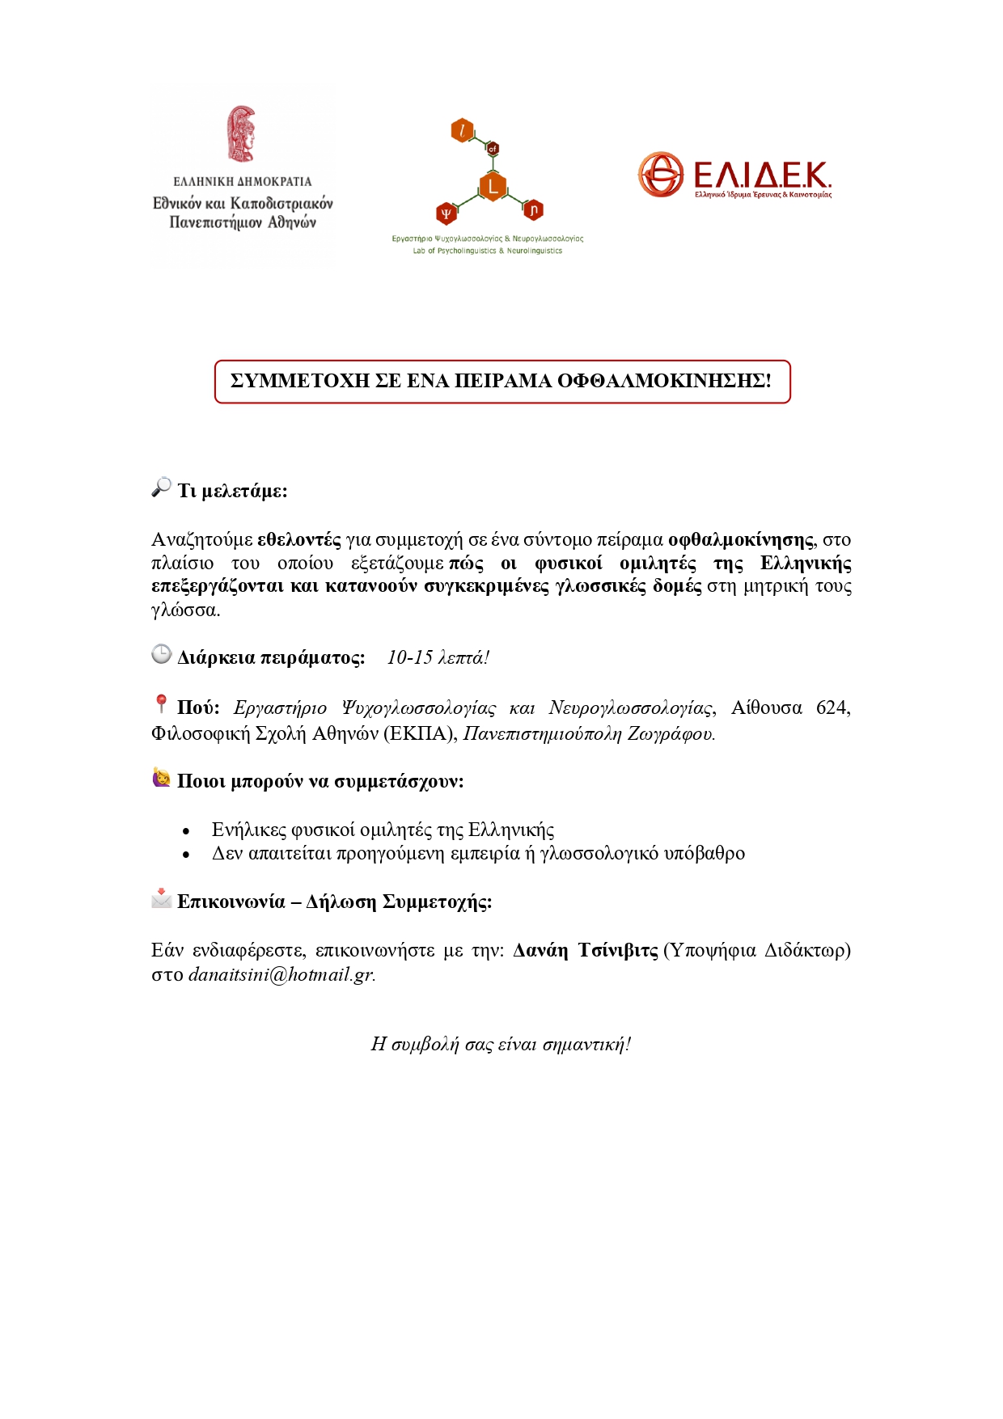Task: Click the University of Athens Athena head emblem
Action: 241,134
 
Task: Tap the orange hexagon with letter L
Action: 492,186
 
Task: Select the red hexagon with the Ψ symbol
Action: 446,213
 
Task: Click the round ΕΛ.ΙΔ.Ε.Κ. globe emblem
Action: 661,174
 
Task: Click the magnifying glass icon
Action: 161,487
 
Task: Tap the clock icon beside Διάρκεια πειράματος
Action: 161,654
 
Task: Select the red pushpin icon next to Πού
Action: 161,704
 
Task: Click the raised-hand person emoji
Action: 161,778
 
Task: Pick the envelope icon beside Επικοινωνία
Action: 161,898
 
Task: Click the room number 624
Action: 832,708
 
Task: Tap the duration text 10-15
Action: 410,658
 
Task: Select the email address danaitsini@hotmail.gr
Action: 281,975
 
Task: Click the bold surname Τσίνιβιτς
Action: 618,951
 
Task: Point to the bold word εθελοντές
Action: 298,540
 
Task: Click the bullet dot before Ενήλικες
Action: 186,831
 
